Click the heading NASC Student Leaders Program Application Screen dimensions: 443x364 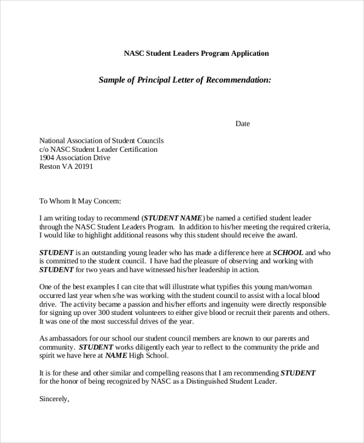[196, 53]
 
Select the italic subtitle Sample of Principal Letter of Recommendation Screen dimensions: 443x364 [184, 79]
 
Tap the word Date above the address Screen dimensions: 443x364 [242, 124]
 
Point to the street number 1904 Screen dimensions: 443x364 [49, 158]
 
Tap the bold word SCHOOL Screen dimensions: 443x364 [288, 252]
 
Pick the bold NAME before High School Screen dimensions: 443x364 [116, 356]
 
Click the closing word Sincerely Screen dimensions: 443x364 [55, 399]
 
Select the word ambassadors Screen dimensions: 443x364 [72, 338]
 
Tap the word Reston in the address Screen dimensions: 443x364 [50, 167]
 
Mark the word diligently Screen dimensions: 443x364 [149, 347]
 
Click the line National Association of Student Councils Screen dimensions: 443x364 [101, 140]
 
